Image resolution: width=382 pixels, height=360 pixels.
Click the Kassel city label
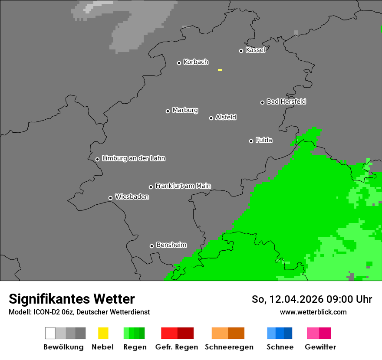click(x=255, y=50)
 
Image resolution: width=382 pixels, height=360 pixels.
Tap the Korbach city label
click(x=196, y=62)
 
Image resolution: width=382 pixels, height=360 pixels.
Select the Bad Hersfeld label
click(x=286, y=101)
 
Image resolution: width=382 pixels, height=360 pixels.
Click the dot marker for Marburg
click(x=168, y=111)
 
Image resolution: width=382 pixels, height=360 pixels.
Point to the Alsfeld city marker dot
click(x=211, y=118)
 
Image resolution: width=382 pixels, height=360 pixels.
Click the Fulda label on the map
click(x=264, y=140)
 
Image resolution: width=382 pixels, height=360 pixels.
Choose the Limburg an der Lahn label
click(x=133, y=158)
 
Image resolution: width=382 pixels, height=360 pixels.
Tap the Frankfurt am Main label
click(x=183, y=186)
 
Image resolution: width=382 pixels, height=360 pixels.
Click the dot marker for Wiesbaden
click(x=110, y=198)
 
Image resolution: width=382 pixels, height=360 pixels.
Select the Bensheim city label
click(x=171, y=245)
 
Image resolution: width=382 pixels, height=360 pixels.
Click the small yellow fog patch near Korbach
click(x=220, y=70)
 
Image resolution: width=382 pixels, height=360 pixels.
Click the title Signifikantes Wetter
click(x=72, y=299)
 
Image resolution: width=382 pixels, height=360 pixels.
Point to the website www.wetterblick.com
click(x=313, y=312)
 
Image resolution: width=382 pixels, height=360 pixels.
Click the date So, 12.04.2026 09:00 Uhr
click(x=312, y=299)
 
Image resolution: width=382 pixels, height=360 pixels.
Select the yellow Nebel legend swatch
click(x=103, y=333)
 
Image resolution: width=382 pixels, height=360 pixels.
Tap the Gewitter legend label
click(x=320, y=347)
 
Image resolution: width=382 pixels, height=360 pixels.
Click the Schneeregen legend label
click(x=229, y=347)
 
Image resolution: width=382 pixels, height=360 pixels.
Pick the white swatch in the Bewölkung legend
click(x=50, y=333)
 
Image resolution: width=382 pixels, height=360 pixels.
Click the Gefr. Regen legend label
click(x=177, y=347)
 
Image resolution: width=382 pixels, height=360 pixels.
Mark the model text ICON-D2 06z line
click(x=79, y=312)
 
